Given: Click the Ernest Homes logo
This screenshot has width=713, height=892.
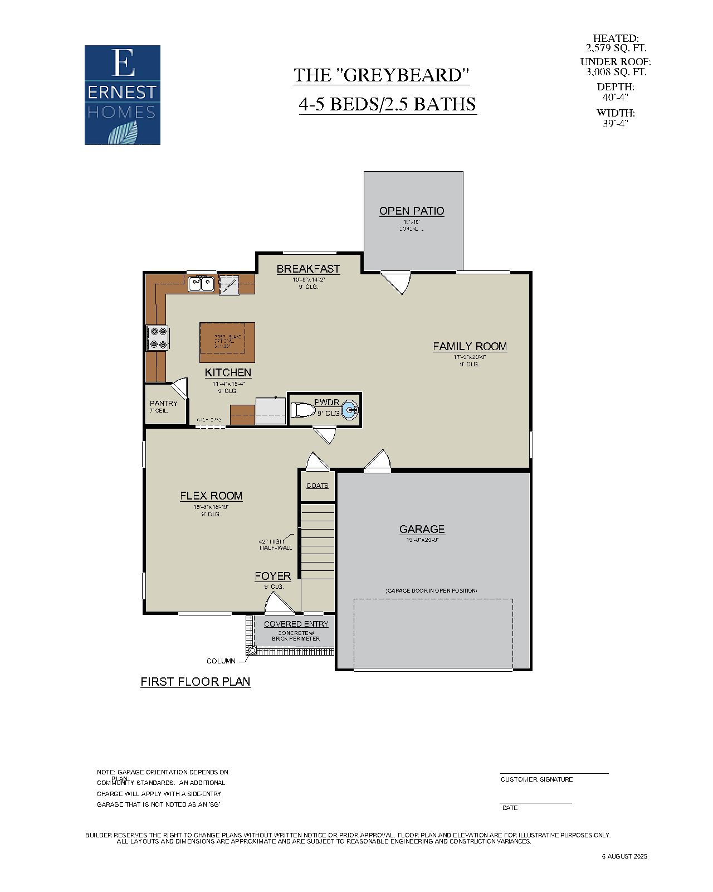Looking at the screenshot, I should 123,95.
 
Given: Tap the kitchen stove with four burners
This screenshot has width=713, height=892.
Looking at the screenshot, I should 158,337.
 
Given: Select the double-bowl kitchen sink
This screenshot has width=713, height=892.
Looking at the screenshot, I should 201,284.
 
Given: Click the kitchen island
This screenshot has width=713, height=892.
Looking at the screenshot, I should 227,342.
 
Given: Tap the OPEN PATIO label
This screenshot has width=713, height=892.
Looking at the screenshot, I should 412,211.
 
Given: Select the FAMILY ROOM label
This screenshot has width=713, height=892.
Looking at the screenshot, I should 470,346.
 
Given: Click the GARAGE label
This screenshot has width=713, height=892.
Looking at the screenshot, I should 422,529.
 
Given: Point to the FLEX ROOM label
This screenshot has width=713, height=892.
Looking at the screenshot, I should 211,496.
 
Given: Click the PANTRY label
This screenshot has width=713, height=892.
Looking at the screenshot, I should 164,403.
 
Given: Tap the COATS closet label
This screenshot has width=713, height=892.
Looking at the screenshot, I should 318,486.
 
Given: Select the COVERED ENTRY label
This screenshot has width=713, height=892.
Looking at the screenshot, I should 296,624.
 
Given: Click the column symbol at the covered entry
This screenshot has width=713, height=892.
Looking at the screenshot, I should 252,650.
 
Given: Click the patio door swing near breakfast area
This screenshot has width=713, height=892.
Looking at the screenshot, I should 397,282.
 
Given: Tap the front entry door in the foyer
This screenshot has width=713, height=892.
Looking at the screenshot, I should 279,604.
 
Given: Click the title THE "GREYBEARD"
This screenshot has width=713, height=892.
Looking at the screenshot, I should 382,75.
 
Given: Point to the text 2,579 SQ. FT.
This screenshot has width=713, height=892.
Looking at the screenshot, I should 616,48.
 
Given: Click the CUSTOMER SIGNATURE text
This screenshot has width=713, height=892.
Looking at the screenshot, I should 536,779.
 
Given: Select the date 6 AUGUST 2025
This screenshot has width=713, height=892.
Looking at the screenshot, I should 624,856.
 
